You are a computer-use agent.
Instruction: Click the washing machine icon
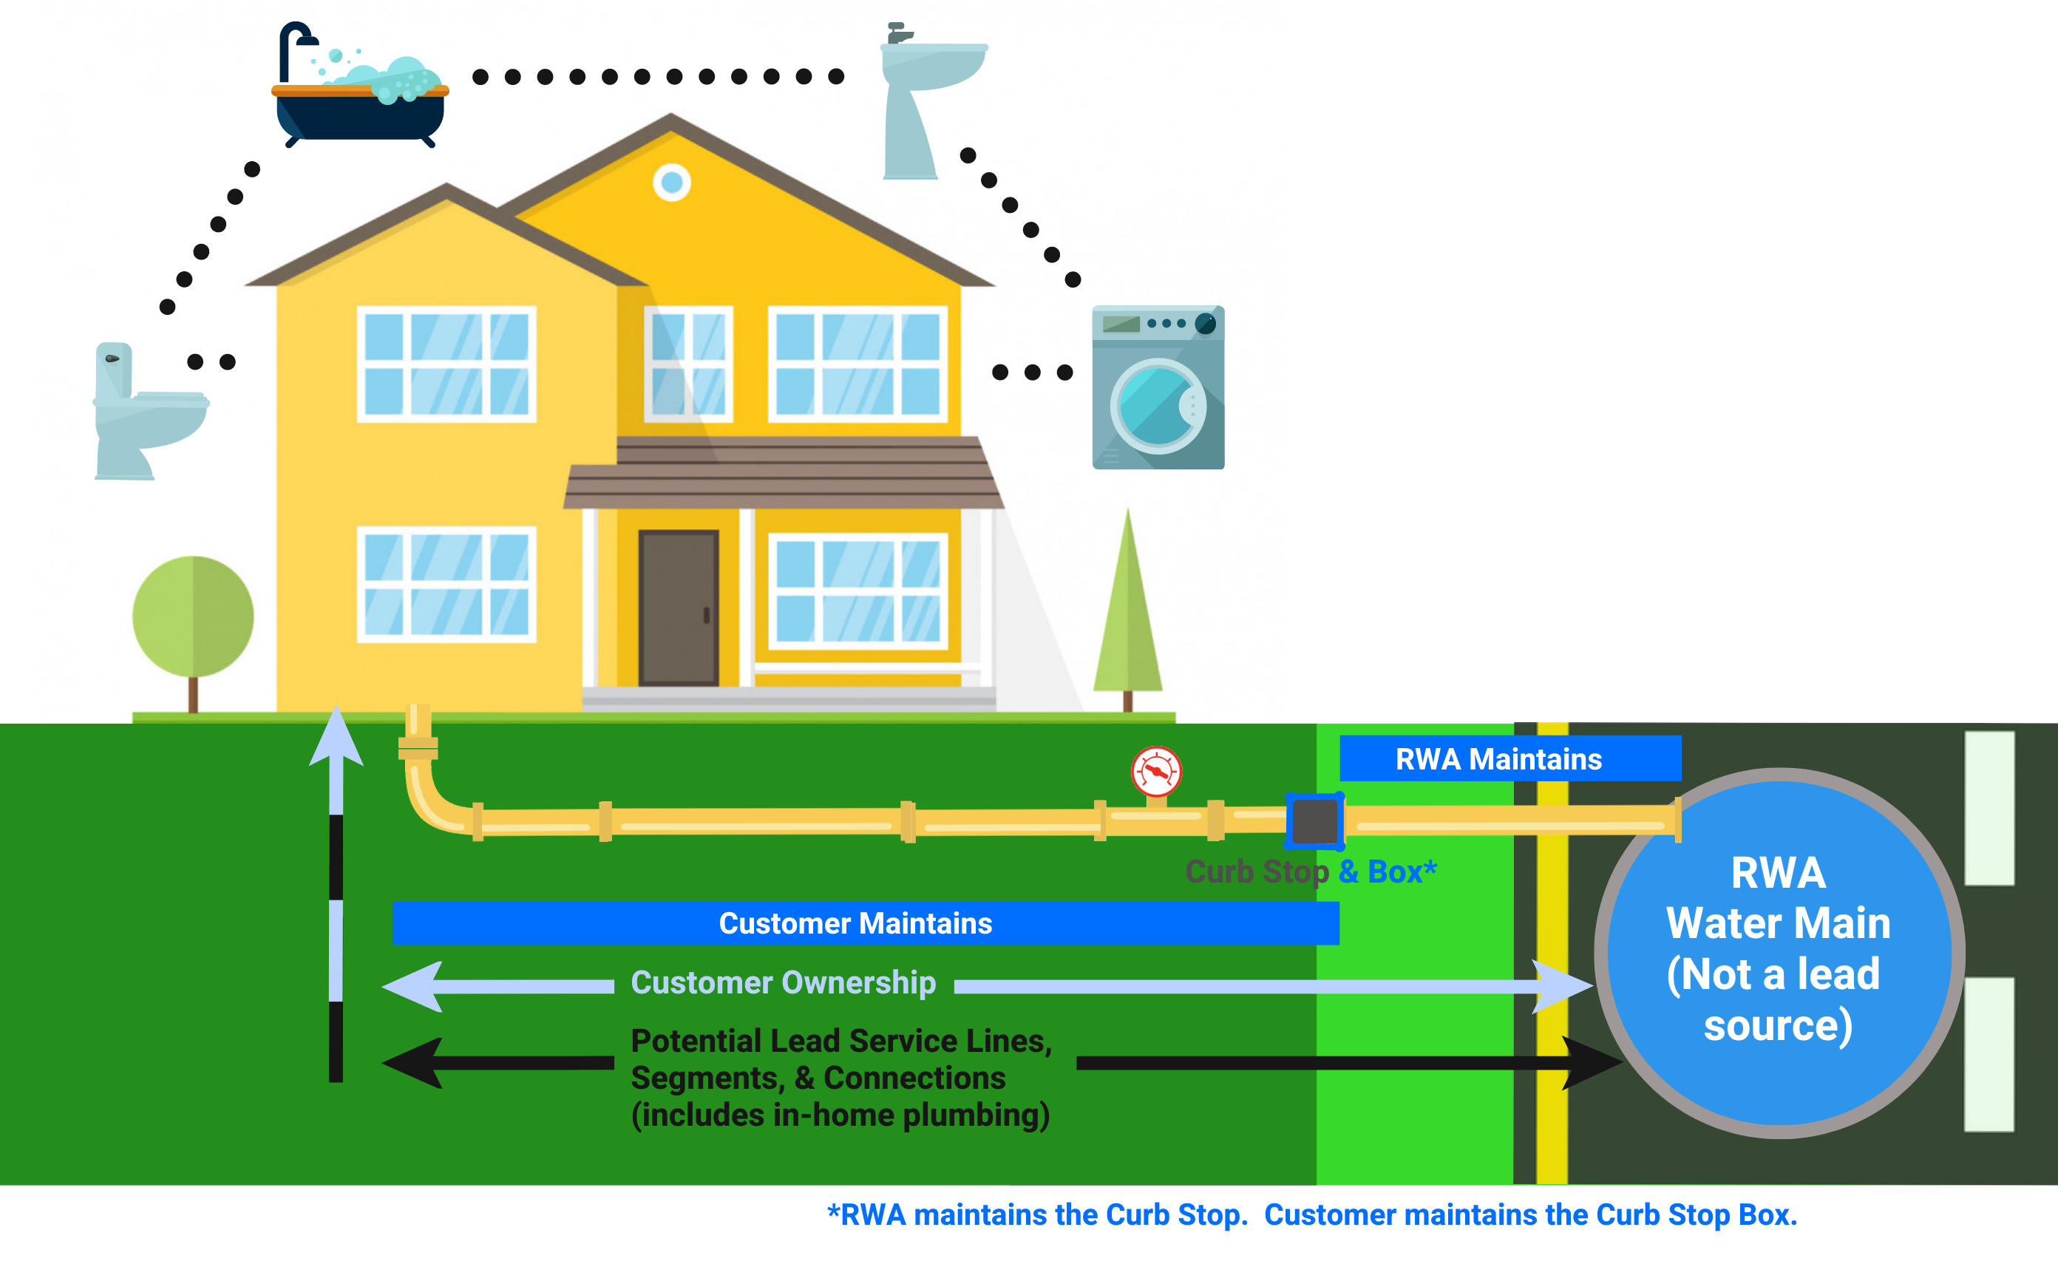pos(1158,387)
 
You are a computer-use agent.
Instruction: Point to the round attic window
pos(672,183)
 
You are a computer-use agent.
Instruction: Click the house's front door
pos(679,608)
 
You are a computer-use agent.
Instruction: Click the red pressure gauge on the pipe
pos(1156,772)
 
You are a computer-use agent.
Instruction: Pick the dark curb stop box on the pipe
pos(1315,822)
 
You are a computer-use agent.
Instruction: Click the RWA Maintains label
pos(1499,759)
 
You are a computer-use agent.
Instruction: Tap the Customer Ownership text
pos(784,983)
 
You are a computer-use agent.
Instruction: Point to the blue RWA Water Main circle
pos(1779,953)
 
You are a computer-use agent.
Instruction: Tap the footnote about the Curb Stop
pos(1311,1214)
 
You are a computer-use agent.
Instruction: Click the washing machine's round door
pos(1158,407)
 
